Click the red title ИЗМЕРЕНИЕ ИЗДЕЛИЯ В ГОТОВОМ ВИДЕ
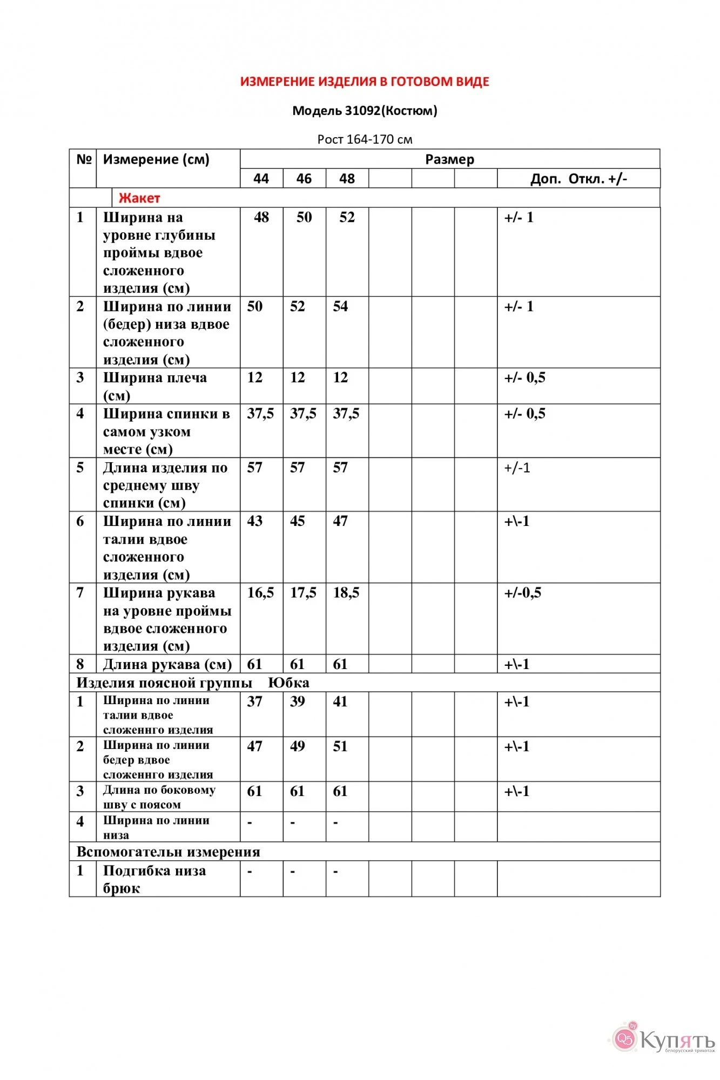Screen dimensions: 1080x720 365,82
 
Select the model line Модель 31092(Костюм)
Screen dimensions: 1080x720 365,111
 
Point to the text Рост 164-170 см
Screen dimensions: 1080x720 365,139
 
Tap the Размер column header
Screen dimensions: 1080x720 449,159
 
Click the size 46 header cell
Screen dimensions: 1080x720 304,179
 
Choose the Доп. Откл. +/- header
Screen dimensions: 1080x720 578,179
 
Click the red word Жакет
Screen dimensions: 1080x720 139,198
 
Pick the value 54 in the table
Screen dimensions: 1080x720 340,307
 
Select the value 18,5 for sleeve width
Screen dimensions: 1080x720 346,593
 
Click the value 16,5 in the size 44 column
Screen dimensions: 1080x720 260,593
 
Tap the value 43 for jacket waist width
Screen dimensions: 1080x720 255,521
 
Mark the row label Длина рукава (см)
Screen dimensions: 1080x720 167,664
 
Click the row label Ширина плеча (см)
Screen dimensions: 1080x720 154,386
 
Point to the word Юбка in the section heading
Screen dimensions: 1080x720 288,683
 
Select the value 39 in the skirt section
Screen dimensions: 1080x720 298,701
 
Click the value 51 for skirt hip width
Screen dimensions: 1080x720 340,746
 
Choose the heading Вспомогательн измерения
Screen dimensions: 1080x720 168,852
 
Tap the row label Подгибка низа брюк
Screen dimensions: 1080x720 154,879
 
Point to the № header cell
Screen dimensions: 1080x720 84,160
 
